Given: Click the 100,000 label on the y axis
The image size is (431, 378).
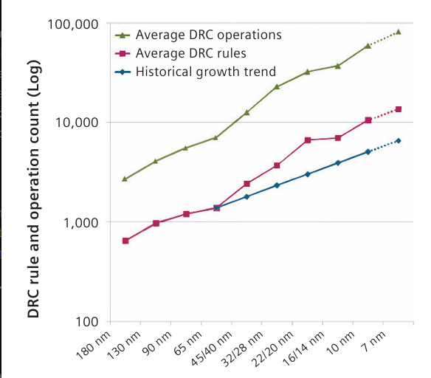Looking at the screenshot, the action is tap(73, 24).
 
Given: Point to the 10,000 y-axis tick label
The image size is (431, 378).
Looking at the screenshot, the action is tap(77, 123).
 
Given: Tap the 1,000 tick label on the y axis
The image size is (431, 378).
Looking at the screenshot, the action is tap(81, 223).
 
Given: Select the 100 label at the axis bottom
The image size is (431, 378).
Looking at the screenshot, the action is tap(87, 322).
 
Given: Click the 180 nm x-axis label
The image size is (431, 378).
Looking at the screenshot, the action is tap(93, 346).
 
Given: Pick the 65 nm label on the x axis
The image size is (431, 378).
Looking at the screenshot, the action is tap(188, 343).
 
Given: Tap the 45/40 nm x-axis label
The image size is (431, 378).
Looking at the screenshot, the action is tap(212, 348).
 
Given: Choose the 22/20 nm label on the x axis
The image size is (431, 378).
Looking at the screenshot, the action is tap(272, 349).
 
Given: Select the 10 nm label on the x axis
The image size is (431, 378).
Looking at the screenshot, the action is tap(340, 343).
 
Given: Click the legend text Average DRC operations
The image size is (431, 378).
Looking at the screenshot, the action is tap(209, 35).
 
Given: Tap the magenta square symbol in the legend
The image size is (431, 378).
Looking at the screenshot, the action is tap(123, 53).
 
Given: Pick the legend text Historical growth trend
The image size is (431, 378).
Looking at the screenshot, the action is tap(206, 72).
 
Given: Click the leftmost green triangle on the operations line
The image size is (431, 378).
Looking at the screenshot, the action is tap(125, 179).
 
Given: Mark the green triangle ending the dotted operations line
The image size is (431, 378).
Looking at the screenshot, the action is tap(399, 32).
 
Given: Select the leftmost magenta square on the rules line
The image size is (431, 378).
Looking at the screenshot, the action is tap(125, 241).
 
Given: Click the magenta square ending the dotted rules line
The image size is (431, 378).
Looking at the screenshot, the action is tap(399, 109).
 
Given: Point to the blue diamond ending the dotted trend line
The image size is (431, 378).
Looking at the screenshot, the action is tap(399, 141).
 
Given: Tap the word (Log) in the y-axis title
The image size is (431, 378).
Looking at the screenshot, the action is tap(34, 81).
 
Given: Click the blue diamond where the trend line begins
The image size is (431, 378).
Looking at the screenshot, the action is tap(216, 208).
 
